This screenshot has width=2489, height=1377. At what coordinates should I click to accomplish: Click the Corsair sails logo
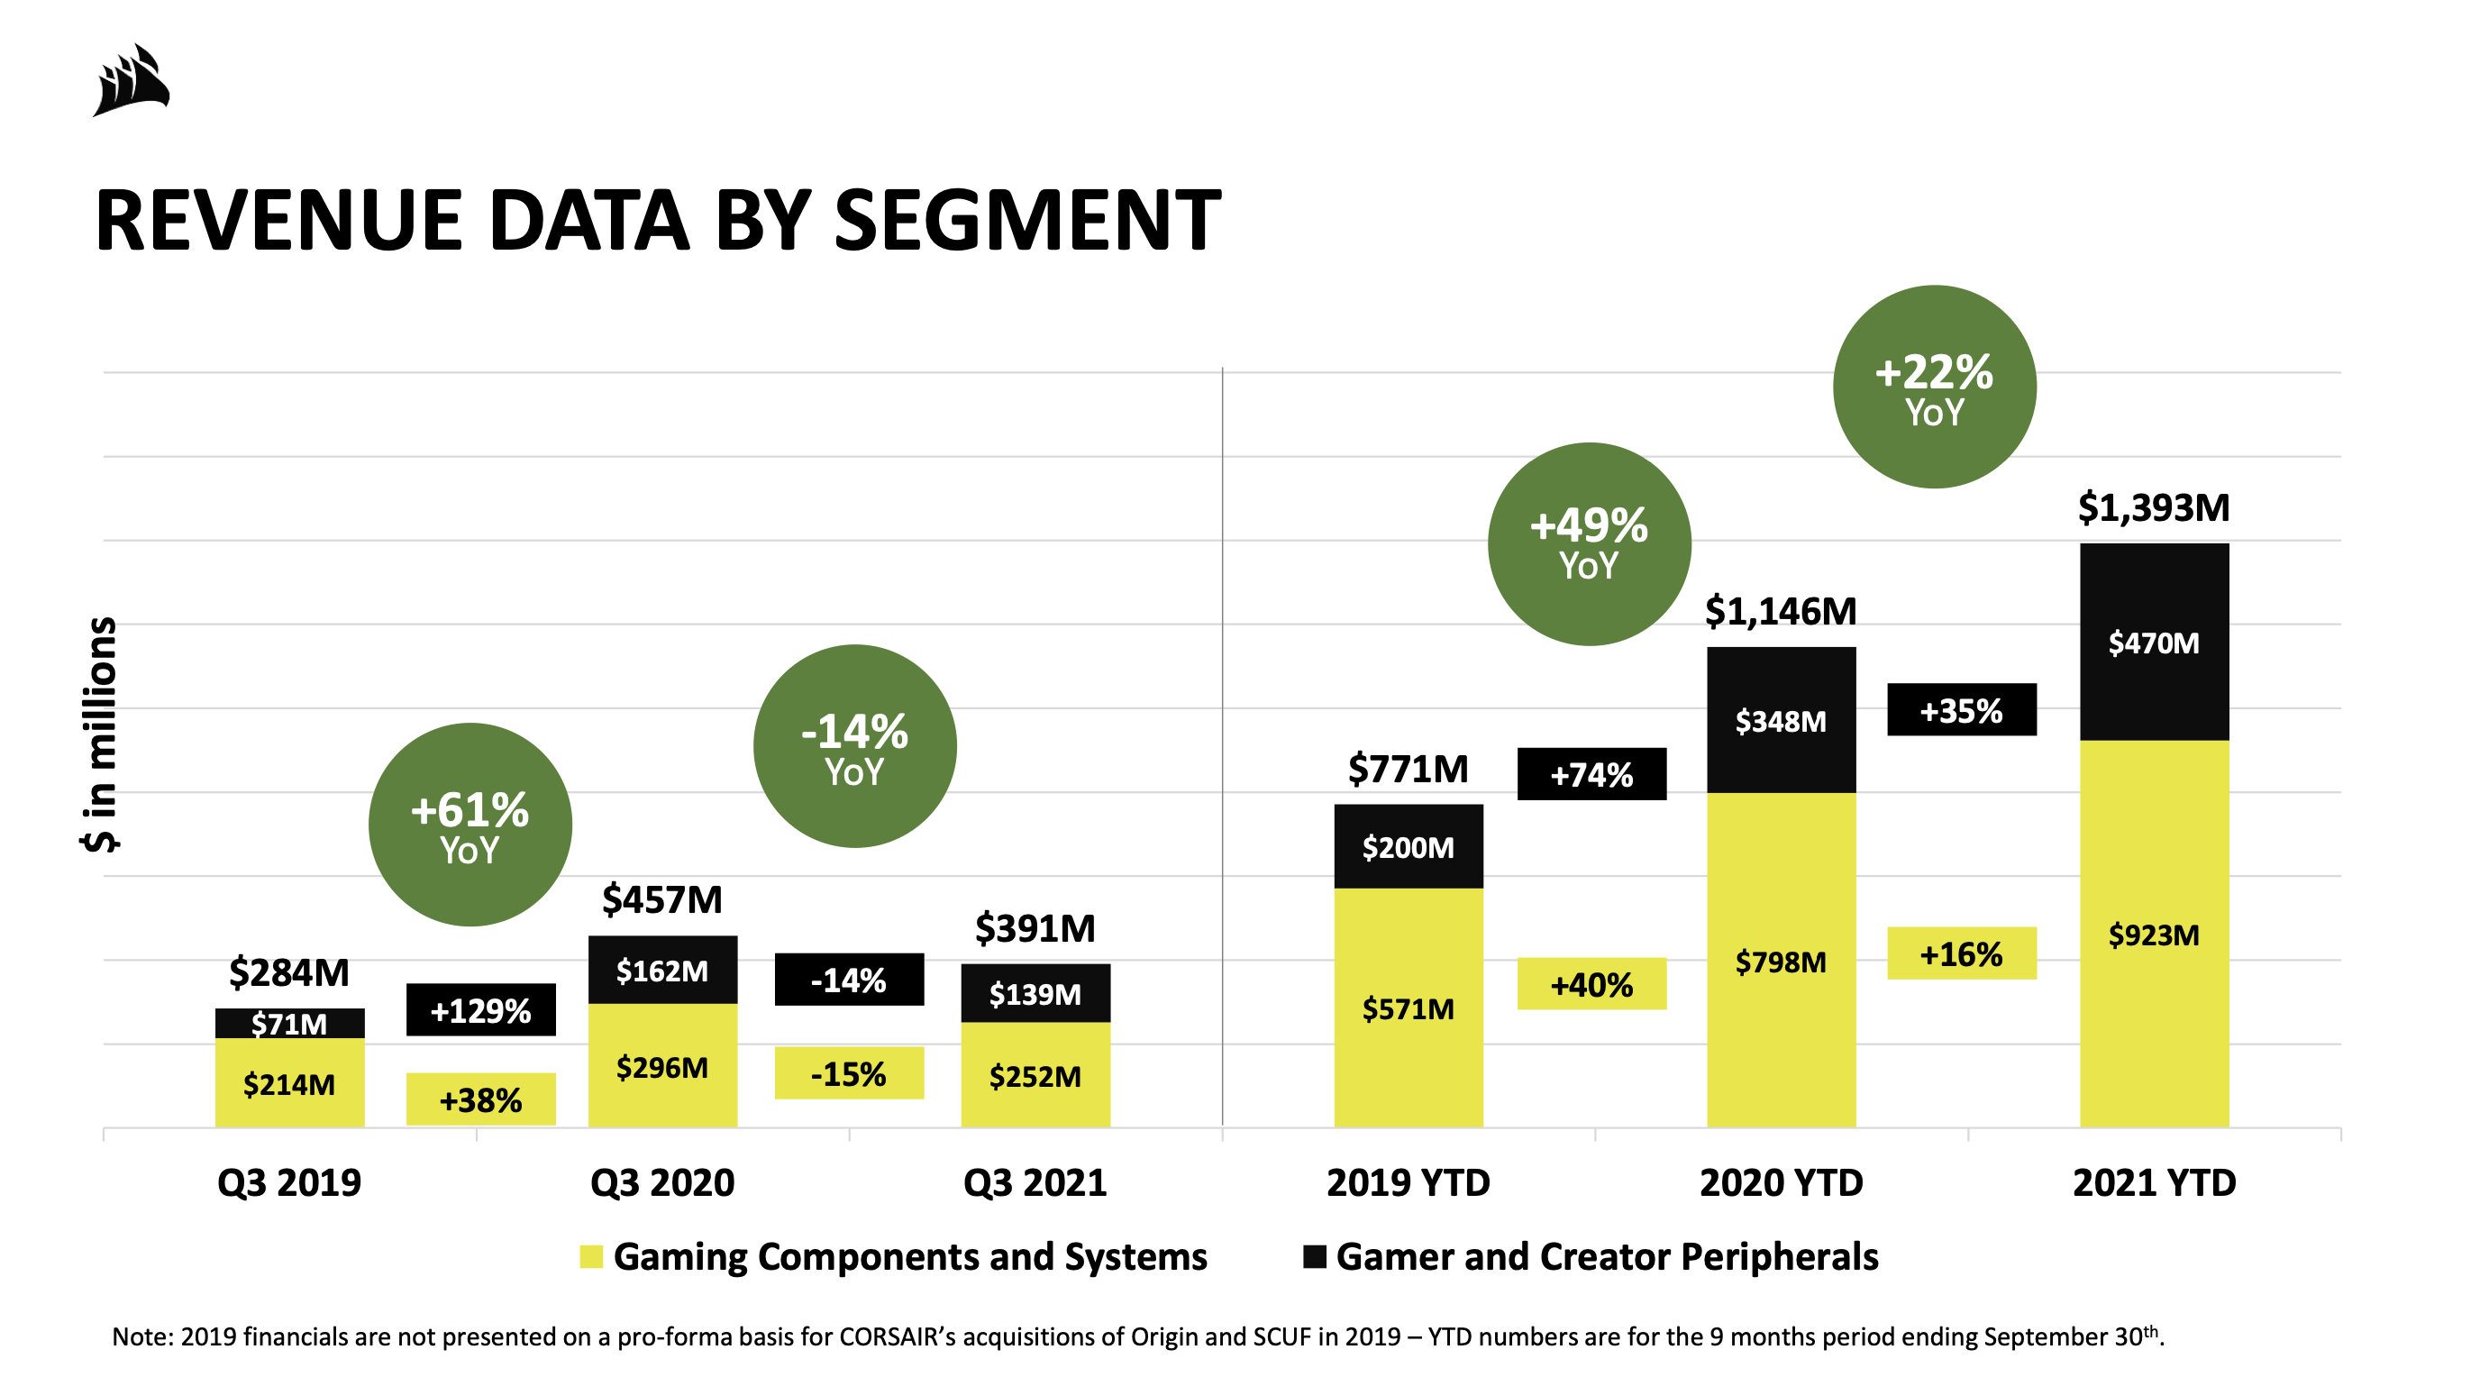(132, 80)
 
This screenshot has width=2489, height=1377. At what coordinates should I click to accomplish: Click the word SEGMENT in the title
(1026, 222)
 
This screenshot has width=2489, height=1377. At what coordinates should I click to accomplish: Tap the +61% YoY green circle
(470, 825)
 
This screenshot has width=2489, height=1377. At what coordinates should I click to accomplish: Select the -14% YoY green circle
(854, 747)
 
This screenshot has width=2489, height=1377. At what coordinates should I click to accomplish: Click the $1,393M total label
(2153, 508)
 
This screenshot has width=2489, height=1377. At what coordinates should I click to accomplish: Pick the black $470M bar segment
(2153, 643)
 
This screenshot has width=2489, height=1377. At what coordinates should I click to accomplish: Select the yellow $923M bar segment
(2153, 935)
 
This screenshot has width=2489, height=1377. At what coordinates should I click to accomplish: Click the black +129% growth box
(480, 1011)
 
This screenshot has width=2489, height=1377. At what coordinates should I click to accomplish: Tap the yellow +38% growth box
(480, 1099)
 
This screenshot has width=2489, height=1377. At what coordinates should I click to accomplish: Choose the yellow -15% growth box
(848, 1073)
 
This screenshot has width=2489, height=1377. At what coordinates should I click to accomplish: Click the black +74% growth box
(1591, 774)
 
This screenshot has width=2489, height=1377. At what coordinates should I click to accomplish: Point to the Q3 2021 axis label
(1035, 1182)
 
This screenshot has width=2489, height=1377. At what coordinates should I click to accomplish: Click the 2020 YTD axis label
(1781, 1182)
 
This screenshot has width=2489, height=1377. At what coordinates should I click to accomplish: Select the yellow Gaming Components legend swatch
(591, 1257)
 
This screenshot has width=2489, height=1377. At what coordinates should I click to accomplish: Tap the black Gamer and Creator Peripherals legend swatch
(1314, 1257)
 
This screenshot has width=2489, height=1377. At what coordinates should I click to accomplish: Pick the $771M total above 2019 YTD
(1408, 771)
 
